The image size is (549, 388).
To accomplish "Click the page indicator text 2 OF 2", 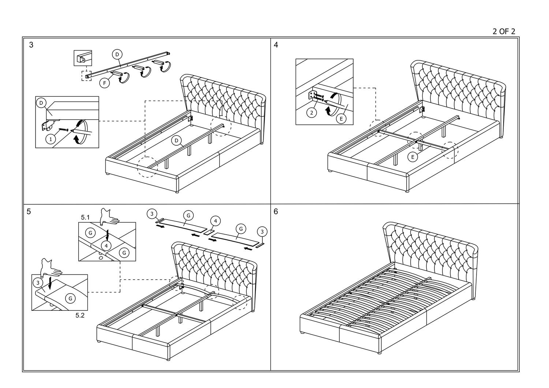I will (x=504, y=31).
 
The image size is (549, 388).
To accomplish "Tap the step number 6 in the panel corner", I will (x=276, y=212).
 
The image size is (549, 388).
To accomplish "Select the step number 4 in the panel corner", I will (x=276, y=45).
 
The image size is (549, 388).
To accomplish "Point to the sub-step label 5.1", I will (x=85, y=217).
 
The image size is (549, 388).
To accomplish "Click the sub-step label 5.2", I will (x=80, y=315).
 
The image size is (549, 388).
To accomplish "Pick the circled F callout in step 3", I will (x=105, y=83).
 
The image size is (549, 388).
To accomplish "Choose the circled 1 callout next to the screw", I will (x=51, y=139).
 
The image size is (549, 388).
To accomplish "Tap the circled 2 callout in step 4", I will (x=311, y=113).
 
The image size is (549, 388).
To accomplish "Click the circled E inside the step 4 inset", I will (x=341, y=119).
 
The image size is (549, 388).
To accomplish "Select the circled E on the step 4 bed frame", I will (x=413, y=157).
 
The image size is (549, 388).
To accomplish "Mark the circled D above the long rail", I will (x=117, y=55).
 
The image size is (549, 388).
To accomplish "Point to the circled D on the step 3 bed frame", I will (x=176, y=141).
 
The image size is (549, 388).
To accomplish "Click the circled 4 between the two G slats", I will (x=216, y=221).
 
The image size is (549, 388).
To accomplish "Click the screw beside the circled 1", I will (x=63, y=130).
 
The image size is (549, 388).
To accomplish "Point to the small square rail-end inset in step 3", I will (x=83, y=58).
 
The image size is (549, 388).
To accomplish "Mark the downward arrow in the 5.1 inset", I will (x=107, y=235).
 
